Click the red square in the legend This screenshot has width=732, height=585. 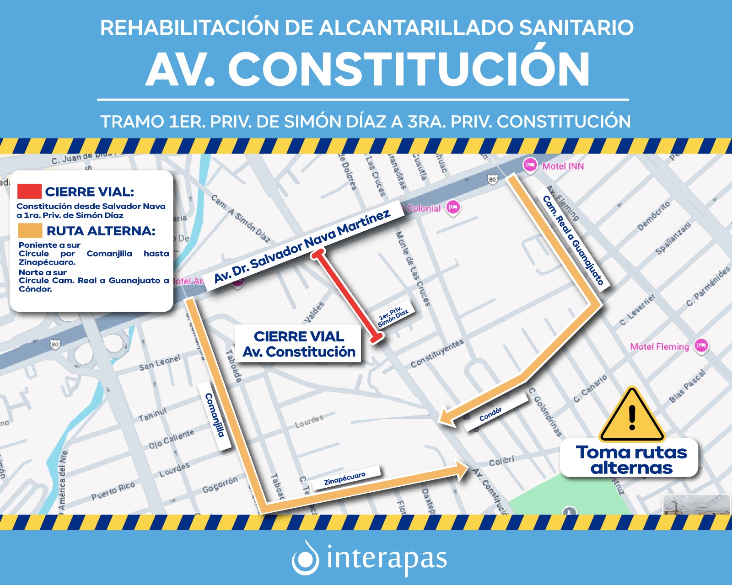[x=30, y=191]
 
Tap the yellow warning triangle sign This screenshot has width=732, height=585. [x=632, y=416]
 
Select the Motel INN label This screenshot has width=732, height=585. [x=563, y=166]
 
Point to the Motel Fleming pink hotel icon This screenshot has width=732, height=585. [x=701, y=346]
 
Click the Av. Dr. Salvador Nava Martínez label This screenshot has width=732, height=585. [x=302, y=245]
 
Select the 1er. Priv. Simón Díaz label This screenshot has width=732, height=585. [x=393, y=315]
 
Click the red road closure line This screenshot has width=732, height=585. [x=348, y=295]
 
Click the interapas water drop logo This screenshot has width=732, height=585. [x=305, y=558]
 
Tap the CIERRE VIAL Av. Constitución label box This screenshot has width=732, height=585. [x=299, y=344]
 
